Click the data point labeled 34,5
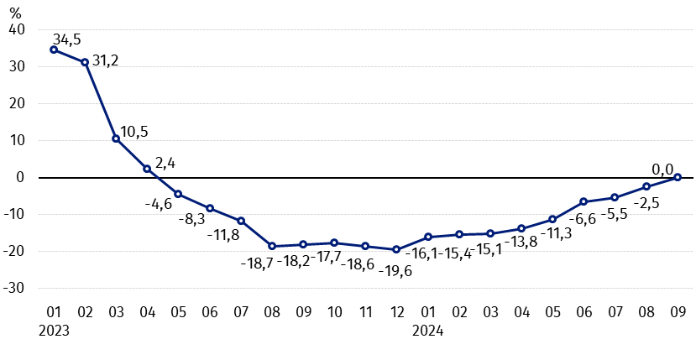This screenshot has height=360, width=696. pos(54,50)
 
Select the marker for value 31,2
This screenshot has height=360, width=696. pos(85,62)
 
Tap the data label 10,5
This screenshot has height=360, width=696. pos(134,133)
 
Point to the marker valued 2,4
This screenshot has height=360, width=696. pos(147,169)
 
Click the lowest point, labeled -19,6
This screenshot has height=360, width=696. pos(397,249)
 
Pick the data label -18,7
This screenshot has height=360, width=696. pos(257,263)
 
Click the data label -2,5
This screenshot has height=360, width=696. pos(646,203)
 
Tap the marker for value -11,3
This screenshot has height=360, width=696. pos(552,219)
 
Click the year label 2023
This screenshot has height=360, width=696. pos(55,331)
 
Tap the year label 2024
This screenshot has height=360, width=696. pos(428,331)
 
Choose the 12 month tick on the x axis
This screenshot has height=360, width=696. pos(397,312)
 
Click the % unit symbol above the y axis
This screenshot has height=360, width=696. pos(16,13)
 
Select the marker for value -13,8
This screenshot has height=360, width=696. pos(521,228)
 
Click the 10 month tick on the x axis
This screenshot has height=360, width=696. pos(334,312)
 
